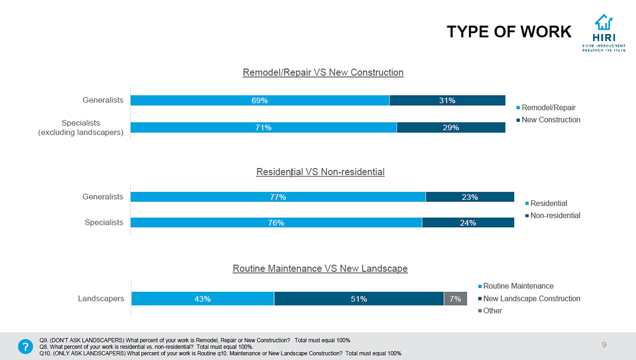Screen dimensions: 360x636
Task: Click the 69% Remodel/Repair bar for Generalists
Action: [x=259, y=100]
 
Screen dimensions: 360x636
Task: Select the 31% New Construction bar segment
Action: [x=447, y=100]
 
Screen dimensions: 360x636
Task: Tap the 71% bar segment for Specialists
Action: [x=263, y=128]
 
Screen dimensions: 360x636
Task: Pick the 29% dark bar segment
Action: [x=451, y=128]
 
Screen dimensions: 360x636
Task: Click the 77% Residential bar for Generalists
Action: [x=278, y=197]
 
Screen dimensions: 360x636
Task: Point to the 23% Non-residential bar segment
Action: [x=469, y=197]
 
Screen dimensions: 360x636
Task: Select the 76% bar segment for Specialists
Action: [x=276, y=223]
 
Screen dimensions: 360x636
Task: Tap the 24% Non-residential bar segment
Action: [x=468, y=223]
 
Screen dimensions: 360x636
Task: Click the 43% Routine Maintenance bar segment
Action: [x=203, y=299]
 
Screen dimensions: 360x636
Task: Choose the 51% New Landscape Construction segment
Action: [x=359, y=299]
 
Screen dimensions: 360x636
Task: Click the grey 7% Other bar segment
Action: [x=455, y=299]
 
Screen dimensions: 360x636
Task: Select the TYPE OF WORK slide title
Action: [x=509, y=32]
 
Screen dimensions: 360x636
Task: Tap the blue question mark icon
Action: [x=26, y=347]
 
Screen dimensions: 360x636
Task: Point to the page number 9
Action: [x=604, y=345]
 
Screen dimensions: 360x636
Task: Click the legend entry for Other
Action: [x=492, y=311]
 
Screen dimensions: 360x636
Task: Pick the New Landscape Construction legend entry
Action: [x=531, y=298]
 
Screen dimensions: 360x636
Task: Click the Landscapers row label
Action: [x=101, y=298]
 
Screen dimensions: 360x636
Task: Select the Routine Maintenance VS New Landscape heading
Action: [x=320, y=268]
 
